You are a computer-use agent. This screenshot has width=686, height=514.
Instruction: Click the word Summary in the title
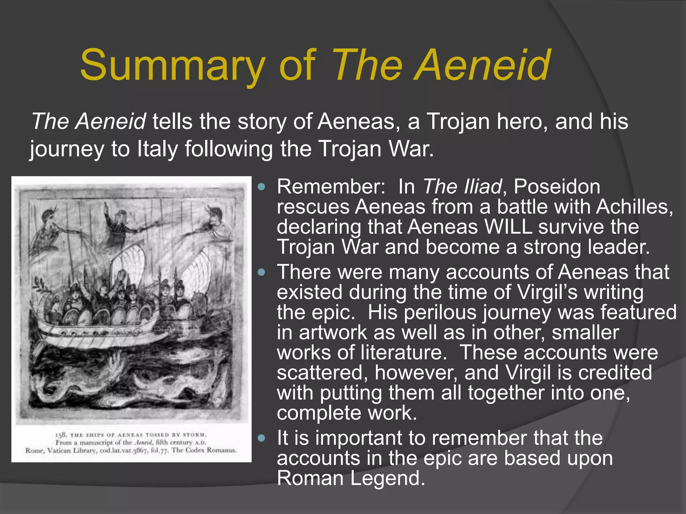pos(173,65)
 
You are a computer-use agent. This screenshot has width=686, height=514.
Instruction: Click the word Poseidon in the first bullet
pos(557,187)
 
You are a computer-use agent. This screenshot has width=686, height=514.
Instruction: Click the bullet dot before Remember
pos(262,187)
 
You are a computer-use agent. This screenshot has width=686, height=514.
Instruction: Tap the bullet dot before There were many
pos(262,272)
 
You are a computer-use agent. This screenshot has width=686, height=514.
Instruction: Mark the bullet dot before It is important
pos(262,438)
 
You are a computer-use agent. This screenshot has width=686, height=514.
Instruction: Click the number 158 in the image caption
pos(61,435)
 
